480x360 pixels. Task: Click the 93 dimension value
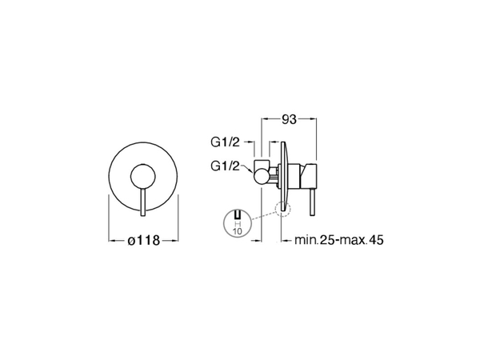coord(289,119)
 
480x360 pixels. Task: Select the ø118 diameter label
coord(143,241)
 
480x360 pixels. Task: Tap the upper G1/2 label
coord(225,142)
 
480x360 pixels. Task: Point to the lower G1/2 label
coord(225,166)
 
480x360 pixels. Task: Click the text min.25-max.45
coord(339,240)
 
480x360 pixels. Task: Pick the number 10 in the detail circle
coord(238,231)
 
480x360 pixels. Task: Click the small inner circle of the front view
coord(143,177)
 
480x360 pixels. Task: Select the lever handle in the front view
coord(143,202)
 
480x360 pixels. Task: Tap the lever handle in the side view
coord(312,202)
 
